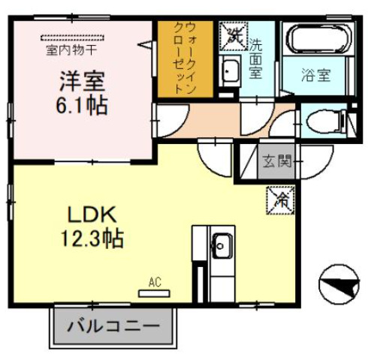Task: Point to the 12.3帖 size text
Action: (x=92, y=239)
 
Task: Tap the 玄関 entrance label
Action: (x=274, y=160)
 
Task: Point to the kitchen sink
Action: (x=222, y=243)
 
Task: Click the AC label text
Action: (x=155, y=282)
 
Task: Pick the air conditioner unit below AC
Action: (x=155, y=292)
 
